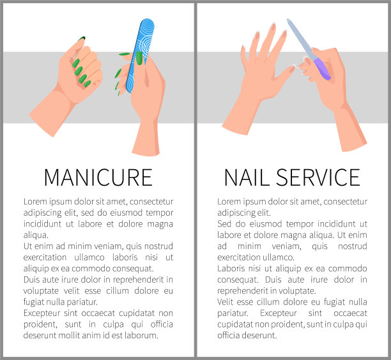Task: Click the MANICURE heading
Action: pos(98,177)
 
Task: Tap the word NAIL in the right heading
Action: pos(247,177)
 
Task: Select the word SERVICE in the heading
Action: pos(318,177)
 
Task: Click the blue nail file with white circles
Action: pos(140,56)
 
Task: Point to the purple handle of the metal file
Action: pos(322,68)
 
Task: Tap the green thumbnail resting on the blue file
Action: pos(139,58)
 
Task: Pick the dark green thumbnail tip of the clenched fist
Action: pos(82,38)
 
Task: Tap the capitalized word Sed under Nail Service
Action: pos(224,223)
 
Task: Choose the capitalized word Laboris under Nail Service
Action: pos(230,268)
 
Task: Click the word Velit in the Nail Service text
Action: pos(225,302)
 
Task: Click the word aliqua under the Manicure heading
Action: pos(36,235)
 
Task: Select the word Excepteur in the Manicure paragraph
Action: pos(42,313)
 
